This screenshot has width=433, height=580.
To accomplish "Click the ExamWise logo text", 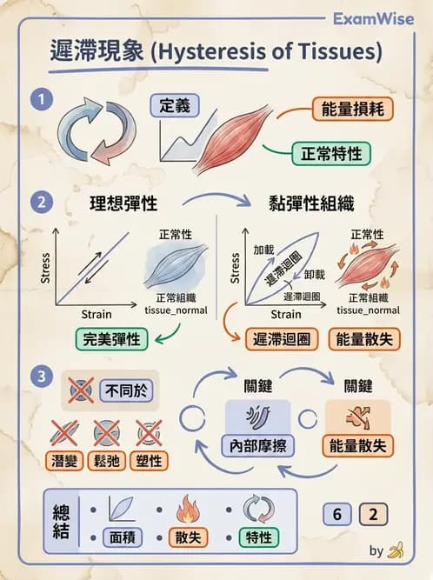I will tap(377, 18).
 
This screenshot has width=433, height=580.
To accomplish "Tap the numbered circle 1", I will tap(38, 100).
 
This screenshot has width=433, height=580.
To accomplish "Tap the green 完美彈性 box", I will tap(111, 338).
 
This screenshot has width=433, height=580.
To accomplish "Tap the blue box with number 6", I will tap(336, 514).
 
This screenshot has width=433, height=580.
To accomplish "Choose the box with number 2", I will tap(373, 514).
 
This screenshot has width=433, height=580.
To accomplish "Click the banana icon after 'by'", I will tap(396, 550).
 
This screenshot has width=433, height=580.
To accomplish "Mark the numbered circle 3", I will tap(38, 377).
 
